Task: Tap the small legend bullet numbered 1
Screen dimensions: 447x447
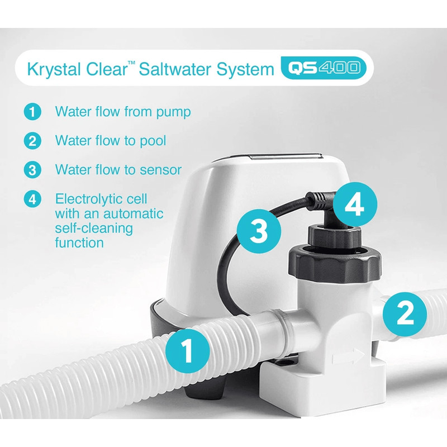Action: pyautogui.click(x=32, y=112)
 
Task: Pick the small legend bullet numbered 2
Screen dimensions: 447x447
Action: pyautogui.click(x=32, y=140)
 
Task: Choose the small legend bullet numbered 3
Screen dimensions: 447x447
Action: pyautogui.click(x=32, y=169)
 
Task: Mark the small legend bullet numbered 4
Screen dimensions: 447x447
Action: pyautogui.click(x=32, y=199)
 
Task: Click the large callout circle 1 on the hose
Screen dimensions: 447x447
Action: pyautogui.click(x=188, y=351)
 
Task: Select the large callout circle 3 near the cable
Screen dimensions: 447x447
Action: pyautogui.click(x=258, y=230)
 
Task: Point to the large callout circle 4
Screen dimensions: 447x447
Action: pyautogui.click(x=354, y=206)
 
